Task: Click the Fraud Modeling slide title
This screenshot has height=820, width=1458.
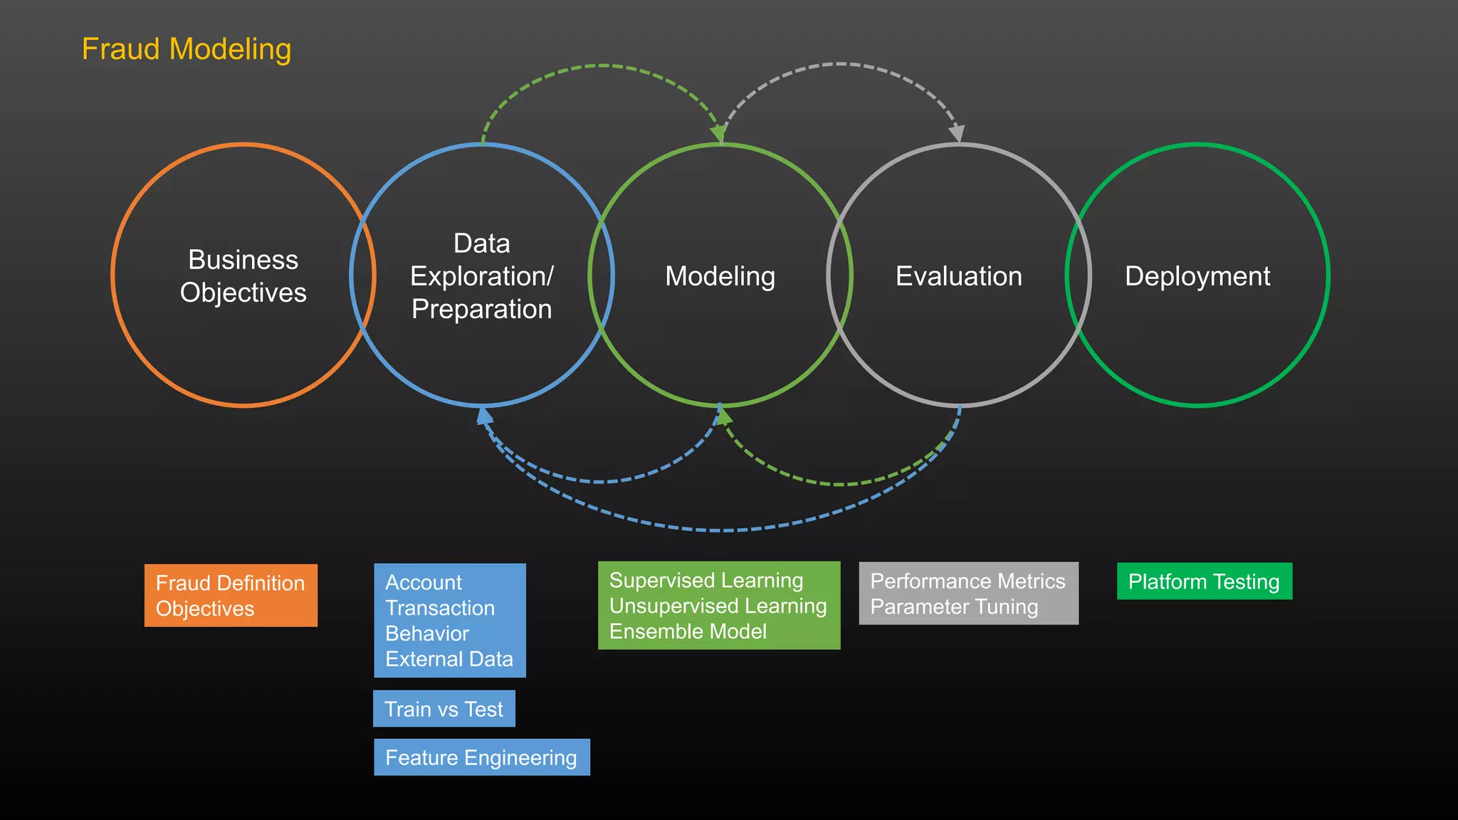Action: coord(187,50)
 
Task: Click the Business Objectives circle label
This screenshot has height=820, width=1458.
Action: coord(243,276)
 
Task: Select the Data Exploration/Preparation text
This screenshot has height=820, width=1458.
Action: coord(482,276)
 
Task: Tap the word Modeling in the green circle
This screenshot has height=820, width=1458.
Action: coord(720,276)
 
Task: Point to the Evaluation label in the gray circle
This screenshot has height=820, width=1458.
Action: coord(958,276)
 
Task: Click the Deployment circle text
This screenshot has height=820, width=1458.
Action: coord(1197,276)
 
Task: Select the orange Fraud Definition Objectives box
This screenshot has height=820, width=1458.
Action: coord(231,596)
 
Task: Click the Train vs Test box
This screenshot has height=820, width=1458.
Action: coord(444,709)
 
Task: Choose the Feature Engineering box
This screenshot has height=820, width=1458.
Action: coord(481,757)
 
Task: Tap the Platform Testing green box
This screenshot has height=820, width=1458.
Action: coord(1204,582)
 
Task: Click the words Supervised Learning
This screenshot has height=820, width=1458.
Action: coord(706,580)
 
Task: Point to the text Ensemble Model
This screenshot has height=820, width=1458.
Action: coord(688,631)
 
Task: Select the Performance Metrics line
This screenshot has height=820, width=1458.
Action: coord(967,581)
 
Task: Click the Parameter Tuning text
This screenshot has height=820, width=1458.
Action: coord(954,606)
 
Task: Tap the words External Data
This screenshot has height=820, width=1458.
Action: coord(449,659)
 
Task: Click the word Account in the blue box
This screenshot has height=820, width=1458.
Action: coord(424,582)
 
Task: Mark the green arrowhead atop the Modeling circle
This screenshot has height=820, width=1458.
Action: coord(718,133)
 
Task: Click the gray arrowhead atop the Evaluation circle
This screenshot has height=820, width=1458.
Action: coord(958,133)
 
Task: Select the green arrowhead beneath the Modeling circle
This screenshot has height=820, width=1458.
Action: coord(724,417)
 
